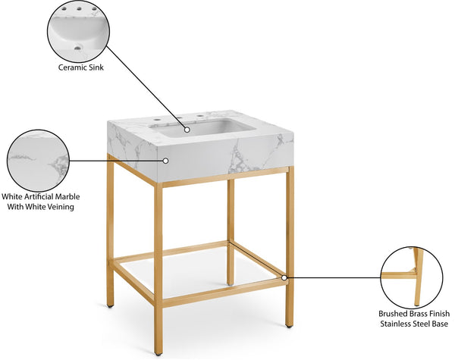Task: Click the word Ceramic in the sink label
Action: click(x=71, y=67)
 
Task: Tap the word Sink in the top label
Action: click(x=96, y=67)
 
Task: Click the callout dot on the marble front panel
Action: click(x=166, y=161)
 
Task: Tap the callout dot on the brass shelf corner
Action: click(x=284, y=278)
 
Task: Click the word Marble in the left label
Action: click(x=66, y=196)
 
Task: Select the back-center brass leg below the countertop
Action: click(x=231, y=227)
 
